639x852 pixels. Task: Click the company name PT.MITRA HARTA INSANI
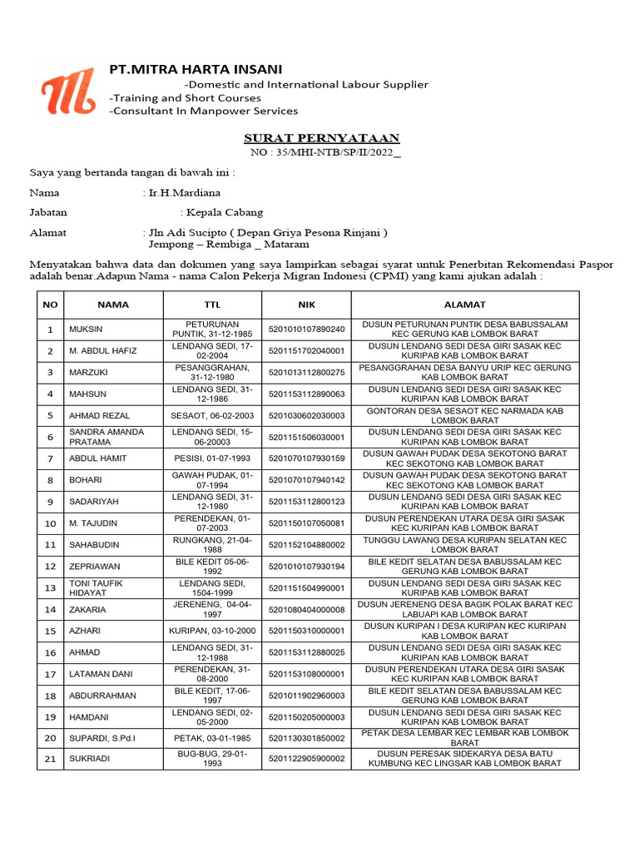point(196,69)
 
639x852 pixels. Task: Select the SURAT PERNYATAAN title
point(321,138)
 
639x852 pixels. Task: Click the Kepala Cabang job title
point(224,212)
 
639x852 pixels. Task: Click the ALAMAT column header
point(464,305)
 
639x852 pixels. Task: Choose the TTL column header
point(212,305)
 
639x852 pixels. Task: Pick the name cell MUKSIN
point(86,329)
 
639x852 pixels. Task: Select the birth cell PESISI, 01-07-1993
point(212,458)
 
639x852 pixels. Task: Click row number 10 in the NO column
point(50,523)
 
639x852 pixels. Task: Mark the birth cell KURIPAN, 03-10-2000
point(212,632)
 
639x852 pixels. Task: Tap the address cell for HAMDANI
point(464,716)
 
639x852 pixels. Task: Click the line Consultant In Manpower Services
point(203,111)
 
